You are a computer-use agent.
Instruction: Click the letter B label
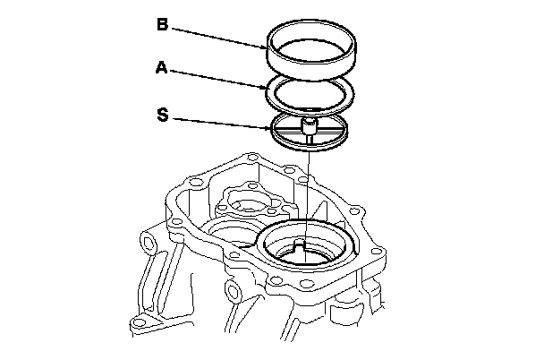point(162,24)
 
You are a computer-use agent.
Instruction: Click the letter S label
point(161,115)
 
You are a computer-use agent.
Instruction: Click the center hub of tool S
point(308,127)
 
